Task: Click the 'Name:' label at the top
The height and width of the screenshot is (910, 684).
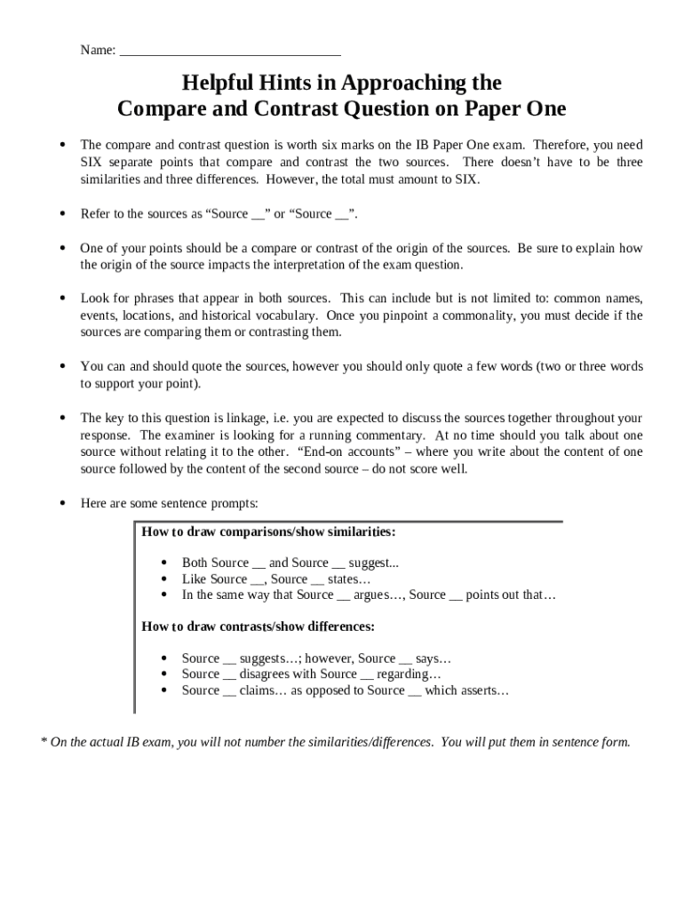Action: pyautogui.click(x=98, y=51)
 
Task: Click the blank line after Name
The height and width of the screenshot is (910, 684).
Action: pyautogui.click(x=230, y=52)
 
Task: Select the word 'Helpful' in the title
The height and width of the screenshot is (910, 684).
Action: pyautogui.click(x=219, y=84)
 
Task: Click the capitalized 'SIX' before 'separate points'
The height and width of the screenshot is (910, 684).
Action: pyautogui.click(x=93, y=162)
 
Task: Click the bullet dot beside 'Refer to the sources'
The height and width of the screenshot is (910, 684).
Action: pyautogui.click(x=62, y=214)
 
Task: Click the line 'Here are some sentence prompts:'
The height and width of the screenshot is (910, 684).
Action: pyautogui.click(x=169, y=503)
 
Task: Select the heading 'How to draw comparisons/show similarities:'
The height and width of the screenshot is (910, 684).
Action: pyautogui.click(x=268, y=531)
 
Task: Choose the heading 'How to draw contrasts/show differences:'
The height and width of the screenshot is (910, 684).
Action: pyautogui.click(x=258, y=627)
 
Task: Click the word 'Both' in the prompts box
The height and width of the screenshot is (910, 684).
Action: pyautogui.click(x=195, y=563)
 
